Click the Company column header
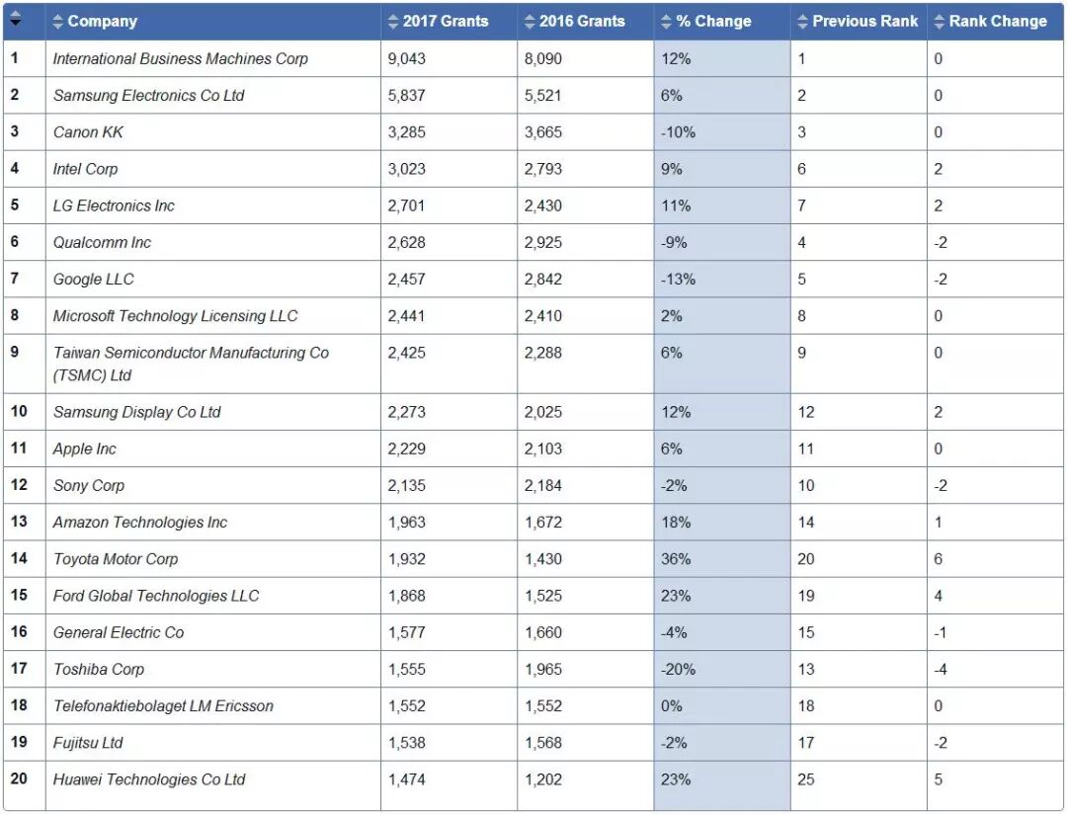pos(102,21)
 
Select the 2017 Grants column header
pos(445,21)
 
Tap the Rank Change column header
pos(997,21)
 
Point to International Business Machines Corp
pos(180,59)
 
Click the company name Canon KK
pos(88,132)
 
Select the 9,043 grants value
pos(407,59)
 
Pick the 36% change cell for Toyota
pos(676,559)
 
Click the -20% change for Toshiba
pos(678,669)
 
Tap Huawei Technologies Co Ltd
pos(148,779)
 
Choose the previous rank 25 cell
pos(806,779)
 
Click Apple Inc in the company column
pos(84,449)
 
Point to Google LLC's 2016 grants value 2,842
pos(543,280)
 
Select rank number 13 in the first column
pos(19,522)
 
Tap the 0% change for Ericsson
pos(672,706)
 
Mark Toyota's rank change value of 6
pos(938,559)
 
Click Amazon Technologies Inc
pos(139,523)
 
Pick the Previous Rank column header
pos(864,21)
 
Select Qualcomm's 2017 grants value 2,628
pos(407,243)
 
